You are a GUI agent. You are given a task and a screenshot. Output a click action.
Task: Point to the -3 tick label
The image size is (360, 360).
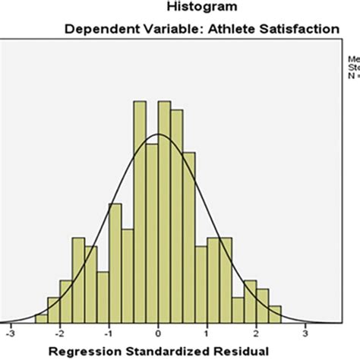click(11, 332)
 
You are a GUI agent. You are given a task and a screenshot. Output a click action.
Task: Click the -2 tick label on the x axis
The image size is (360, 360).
click(59, 332)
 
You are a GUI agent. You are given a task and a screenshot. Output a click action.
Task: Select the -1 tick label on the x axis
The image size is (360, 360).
click(109, 332)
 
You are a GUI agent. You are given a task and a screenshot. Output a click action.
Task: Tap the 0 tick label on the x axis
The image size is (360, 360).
click(159, 332)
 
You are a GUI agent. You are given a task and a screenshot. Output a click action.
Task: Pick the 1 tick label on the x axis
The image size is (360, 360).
click(207, 332)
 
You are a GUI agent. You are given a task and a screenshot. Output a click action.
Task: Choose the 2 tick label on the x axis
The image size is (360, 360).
click(257, 332)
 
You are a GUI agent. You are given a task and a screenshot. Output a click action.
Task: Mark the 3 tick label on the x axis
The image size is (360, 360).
click(305, 332)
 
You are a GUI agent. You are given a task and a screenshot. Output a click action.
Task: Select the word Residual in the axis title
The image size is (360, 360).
click(243, 352)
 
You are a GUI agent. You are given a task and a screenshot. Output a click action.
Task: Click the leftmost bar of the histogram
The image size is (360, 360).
click(41, 318)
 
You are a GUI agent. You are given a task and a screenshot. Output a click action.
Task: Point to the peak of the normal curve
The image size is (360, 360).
click(158, 134)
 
